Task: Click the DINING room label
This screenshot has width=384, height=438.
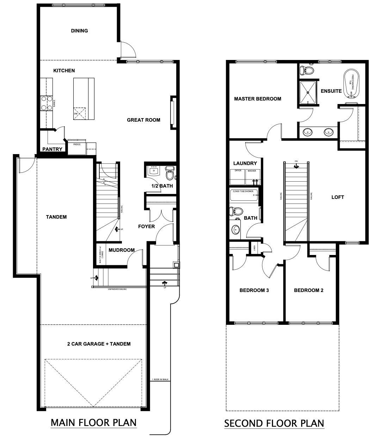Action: (79, 31)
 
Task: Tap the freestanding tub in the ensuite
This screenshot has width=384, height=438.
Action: (351, 83)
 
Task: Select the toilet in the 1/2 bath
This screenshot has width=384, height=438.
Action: (170, 174)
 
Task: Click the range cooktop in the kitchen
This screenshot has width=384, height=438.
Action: (47, 103)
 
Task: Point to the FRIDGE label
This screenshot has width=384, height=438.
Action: (77, 144)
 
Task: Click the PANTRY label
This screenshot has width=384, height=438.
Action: (52, 149)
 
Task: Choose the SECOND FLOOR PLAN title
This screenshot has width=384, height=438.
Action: (274, 423)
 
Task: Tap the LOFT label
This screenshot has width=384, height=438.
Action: (337, 197)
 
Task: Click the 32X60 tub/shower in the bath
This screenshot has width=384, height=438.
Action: (244, 195)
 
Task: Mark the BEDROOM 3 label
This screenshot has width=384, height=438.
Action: (254, 291)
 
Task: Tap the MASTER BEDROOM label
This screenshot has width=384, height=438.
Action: (258, 99)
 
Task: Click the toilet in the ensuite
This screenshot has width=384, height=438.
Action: (308, 70)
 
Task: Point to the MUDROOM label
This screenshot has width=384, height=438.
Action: (122, 250)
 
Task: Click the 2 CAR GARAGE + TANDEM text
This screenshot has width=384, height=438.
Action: (99, 344)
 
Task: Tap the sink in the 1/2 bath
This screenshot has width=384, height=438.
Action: (154, 171)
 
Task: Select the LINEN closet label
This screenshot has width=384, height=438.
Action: (254, 248)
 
